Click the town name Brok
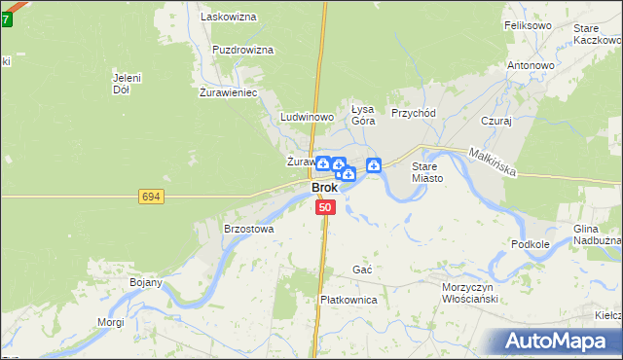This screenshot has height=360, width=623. (x=324, y=188)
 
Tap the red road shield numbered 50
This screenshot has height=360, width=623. (x=325, y=207)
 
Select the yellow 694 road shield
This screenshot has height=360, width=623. (x=151, y=197)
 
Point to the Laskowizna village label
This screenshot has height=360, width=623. (x=227, y=17)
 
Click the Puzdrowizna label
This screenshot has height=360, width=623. (x=242, y=50)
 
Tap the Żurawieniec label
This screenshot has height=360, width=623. (x=228, y=93)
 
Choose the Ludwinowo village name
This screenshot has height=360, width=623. (x=307, y=117)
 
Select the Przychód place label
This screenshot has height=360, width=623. (x=414, y=113)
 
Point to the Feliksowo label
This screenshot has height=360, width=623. (x=528, y=24)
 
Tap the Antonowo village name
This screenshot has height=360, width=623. (x=531, y=66)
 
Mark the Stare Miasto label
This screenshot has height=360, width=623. (x=427, y=172)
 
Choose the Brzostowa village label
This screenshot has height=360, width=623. (x=249, y=229)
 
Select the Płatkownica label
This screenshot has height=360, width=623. (x=348, y=300)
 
